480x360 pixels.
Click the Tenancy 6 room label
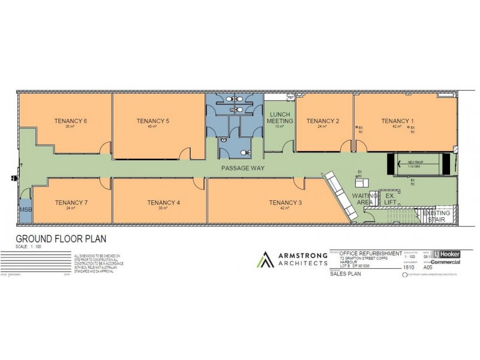click(x=71, y=121)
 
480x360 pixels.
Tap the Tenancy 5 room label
click(x=152, y=121)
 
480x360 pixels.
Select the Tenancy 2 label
click(x=323, y=121)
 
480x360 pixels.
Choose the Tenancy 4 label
click(x=163, y=202)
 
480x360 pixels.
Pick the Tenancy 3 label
click(x=285, y=202)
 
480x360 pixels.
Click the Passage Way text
click(x=243, y=168)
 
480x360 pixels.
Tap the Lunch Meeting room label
click(x=280, y=117)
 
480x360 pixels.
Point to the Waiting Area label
click(x=365, y=200)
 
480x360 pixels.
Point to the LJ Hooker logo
click(x=446, y=254)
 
